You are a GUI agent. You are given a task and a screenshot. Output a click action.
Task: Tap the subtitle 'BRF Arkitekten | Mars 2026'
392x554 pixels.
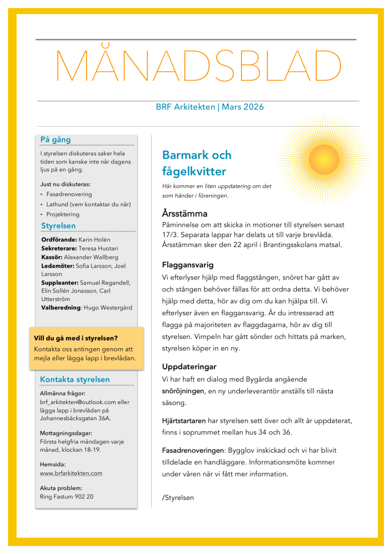210,107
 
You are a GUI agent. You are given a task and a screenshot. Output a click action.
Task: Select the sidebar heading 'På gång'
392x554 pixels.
56,140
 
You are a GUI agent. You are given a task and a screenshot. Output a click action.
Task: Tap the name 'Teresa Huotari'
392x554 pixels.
94,248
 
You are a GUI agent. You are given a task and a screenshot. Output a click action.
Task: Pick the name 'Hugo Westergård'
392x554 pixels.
108,308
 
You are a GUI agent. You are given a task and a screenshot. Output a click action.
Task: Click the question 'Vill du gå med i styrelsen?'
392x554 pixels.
75,338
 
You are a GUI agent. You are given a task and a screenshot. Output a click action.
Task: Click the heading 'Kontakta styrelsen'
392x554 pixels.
75,380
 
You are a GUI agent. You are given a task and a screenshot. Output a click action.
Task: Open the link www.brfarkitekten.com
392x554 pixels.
71,473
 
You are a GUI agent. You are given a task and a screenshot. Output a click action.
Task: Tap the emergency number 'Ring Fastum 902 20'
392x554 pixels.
66,496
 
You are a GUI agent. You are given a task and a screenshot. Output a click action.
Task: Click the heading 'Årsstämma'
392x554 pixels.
185,213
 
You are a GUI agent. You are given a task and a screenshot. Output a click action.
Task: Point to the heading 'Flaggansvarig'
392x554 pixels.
188,265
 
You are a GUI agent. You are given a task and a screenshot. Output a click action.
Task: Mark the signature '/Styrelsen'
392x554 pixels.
178,497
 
